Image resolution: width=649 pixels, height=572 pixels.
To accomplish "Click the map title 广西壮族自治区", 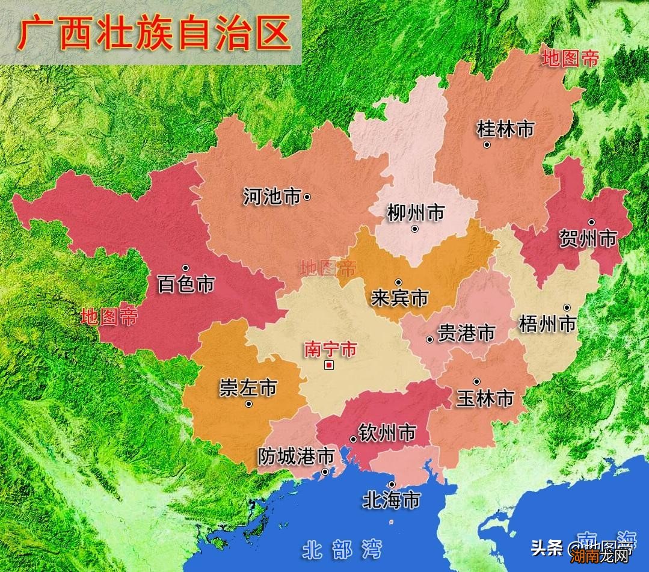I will coord(154,34).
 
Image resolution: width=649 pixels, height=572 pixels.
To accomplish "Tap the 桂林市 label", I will coord(505,129).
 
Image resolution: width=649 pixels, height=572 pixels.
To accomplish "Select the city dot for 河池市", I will coord(307,197).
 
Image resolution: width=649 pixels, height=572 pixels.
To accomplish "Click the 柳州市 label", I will coord(416,212).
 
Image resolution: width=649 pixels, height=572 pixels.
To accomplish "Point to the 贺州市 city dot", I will coord(591,222).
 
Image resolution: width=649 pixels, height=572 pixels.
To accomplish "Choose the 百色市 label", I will coord(185,284).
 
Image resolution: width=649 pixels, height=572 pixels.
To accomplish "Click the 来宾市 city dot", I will coord(398,282).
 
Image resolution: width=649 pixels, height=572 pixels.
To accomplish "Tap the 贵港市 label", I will coord(466,333).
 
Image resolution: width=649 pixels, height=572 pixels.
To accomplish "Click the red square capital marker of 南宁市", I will coord(328,365).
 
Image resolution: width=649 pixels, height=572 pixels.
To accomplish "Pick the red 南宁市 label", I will coord(330,349).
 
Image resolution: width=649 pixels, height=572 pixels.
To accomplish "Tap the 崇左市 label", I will coord(248,388).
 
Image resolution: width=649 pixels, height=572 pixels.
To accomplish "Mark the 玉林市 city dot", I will coord(476,381).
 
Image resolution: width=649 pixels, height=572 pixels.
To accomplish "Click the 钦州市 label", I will coord(387,432).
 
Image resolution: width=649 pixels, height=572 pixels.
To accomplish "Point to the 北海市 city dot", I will coord(392,484).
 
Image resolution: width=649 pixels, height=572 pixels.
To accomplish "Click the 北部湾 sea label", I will coord(342,549).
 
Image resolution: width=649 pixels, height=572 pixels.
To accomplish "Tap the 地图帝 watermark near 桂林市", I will coord(570,59).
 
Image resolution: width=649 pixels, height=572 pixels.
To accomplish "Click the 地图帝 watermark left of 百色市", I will coord(109,317).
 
